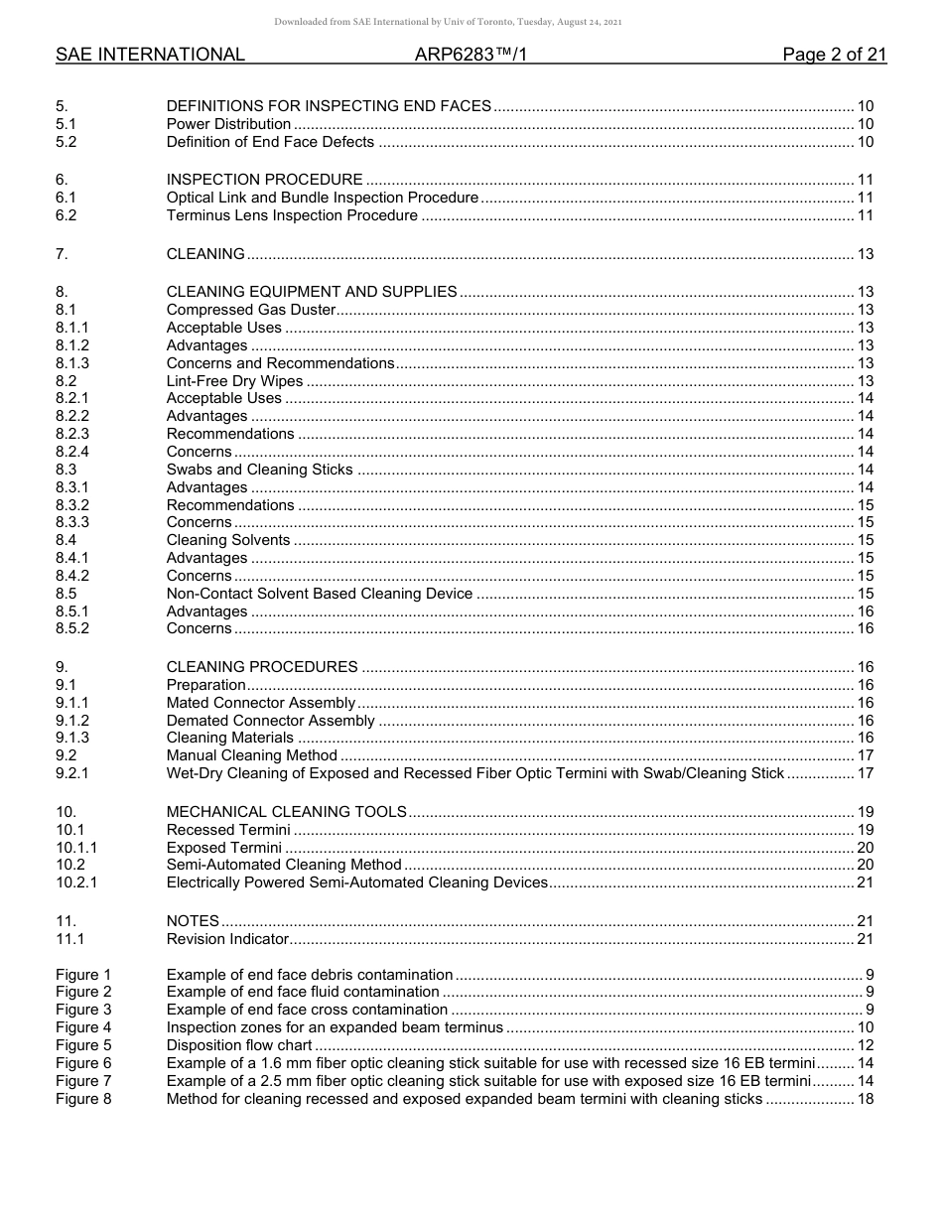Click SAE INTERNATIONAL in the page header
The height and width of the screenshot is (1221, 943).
point(150,55)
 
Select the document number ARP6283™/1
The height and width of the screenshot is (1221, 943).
point(471,55)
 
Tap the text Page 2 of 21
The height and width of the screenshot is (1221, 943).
point(834,55)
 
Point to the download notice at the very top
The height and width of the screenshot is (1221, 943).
point(448,22)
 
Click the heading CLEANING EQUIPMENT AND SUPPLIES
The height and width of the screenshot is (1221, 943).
point(312,292)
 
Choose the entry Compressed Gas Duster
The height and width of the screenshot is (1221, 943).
point(251,310)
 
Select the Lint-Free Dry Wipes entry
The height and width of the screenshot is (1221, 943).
point(234,381)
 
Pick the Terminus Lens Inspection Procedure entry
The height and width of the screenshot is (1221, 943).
point(292,215)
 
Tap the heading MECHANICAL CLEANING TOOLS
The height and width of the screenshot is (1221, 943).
point(287,812)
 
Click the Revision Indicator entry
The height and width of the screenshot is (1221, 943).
point(227,939)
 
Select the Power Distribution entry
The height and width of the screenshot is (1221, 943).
point(228,124)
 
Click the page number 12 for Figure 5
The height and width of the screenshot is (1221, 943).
point(865,1045)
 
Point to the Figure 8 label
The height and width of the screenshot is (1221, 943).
point(83,1099)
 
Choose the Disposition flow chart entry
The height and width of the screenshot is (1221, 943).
point(239,1045)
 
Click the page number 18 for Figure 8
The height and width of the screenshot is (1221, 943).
point(865,1099)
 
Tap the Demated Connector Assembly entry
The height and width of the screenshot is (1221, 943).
point(270,721)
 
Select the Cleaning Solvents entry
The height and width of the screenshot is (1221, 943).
point(228,540)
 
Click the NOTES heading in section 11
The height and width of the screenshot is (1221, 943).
point(193,921)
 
